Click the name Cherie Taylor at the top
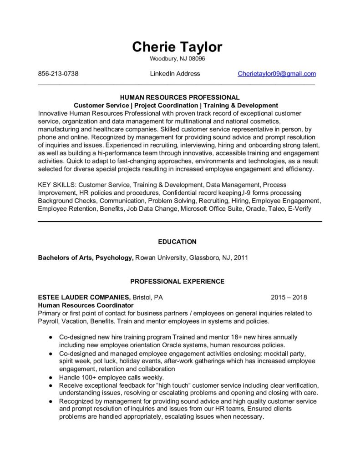point(177,46)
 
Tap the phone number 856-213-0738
point(58,74)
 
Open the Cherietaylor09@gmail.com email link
point(277,74)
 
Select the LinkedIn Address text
point(175,74)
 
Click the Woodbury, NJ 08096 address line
point(177,59)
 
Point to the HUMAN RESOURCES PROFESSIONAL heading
point(180,97)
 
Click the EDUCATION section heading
point(177,242)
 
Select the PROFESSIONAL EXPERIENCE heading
point(177,282)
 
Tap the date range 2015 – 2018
point(289,298)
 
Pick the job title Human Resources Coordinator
point(86,305)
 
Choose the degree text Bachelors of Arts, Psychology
point(86,258)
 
